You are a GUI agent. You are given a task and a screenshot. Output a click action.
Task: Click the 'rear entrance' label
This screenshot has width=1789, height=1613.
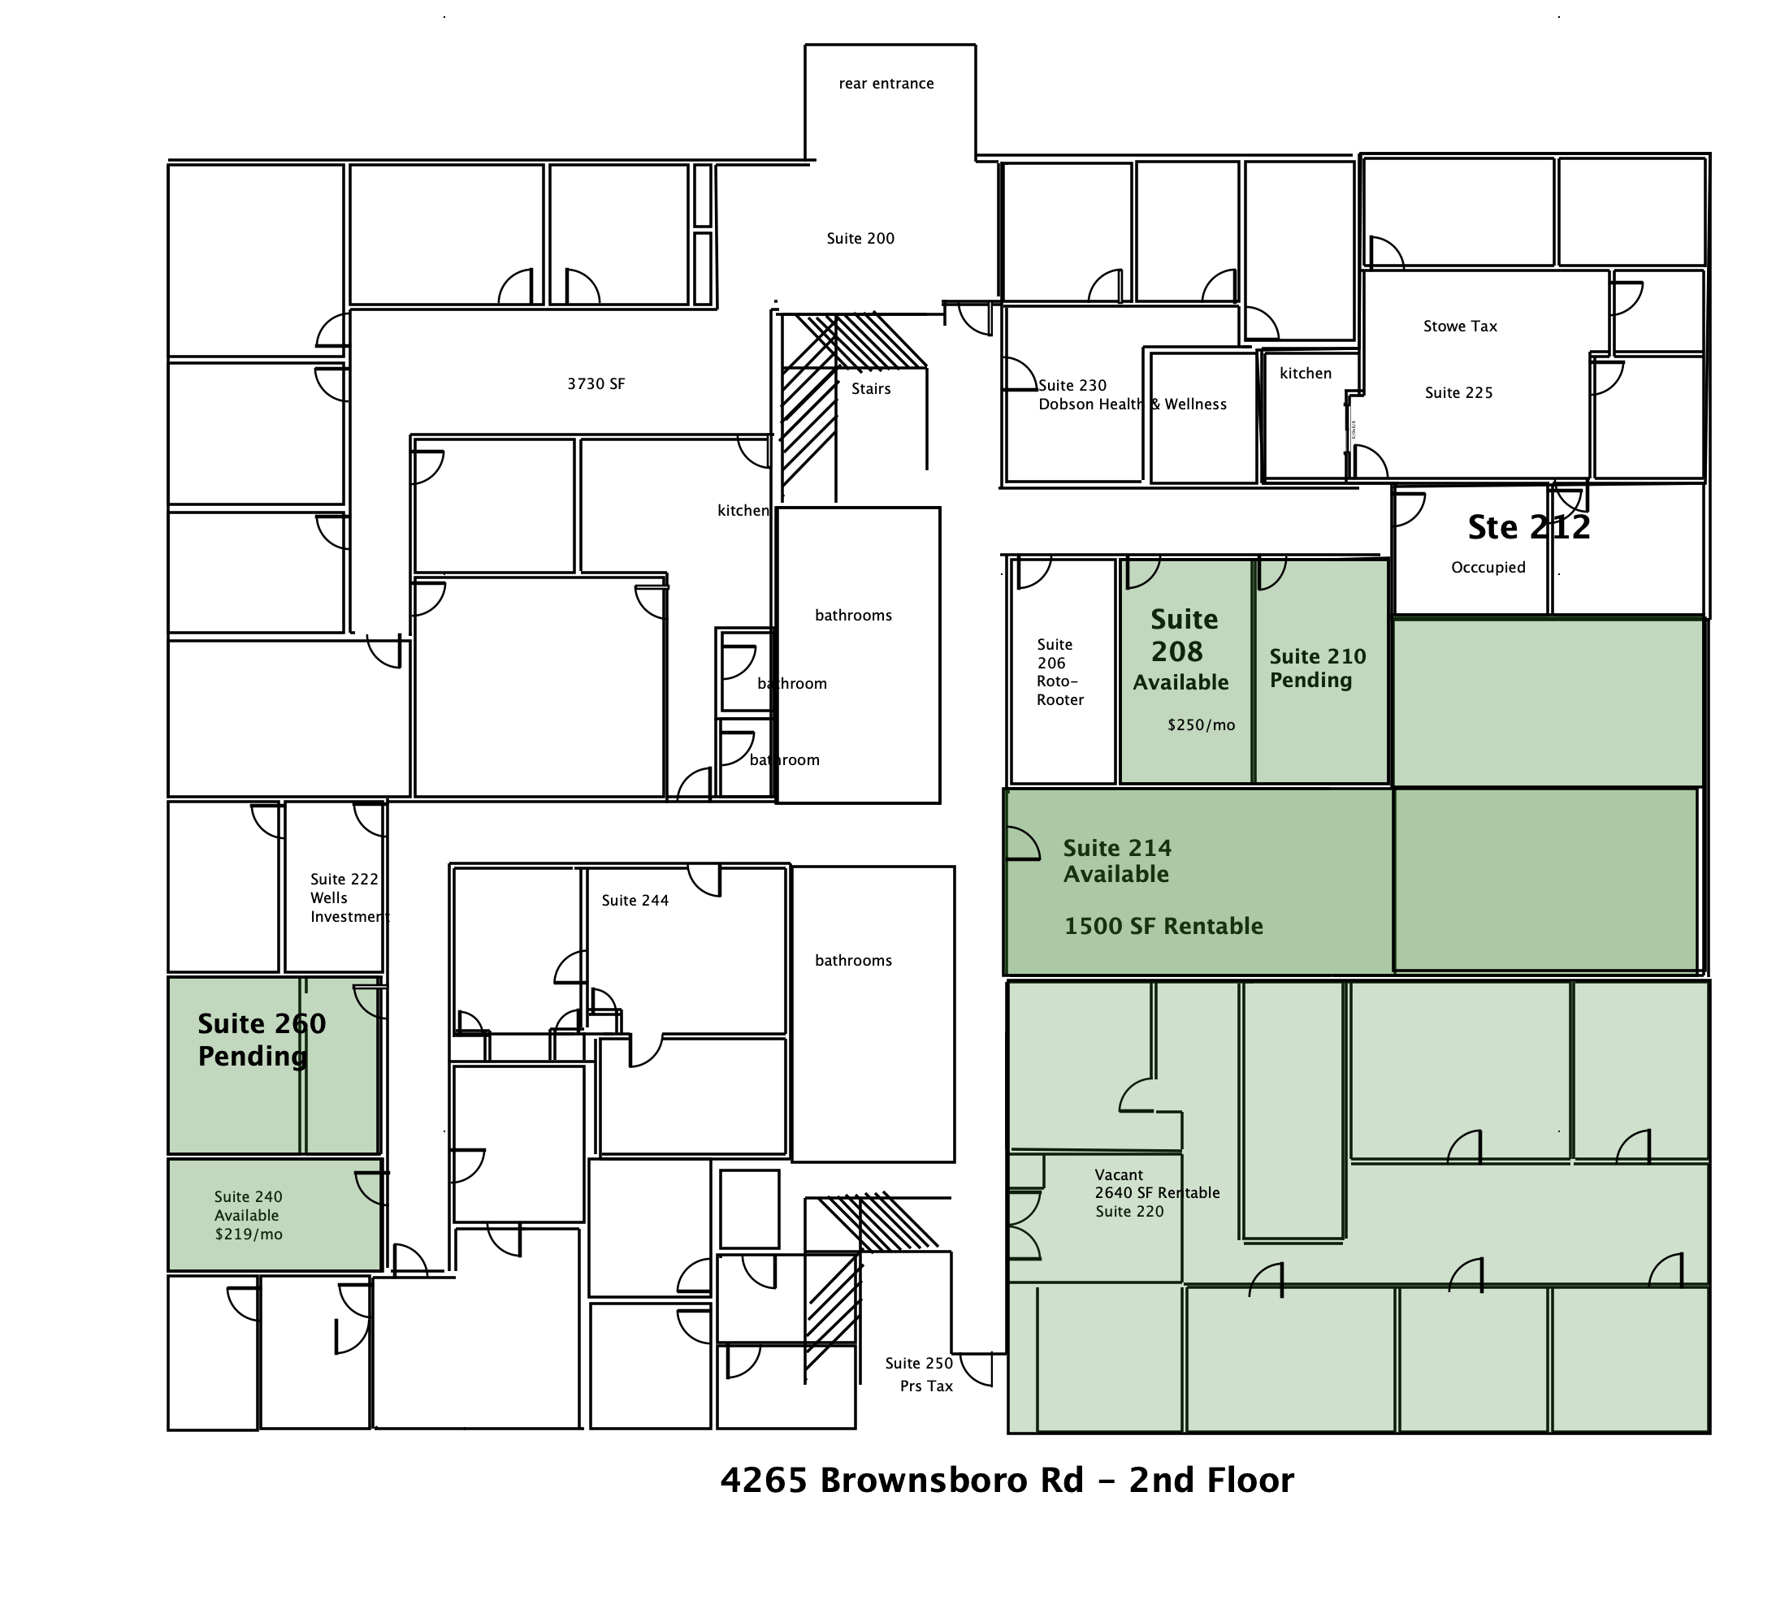(886, 84)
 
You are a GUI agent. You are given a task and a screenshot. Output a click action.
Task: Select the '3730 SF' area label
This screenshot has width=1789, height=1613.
(596, 383)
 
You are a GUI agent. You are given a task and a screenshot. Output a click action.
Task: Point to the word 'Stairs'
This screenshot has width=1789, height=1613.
(871, 388)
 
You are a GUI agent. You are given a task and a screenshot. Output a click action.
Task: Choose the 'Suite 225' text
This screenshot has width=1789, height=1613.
(1458, 392)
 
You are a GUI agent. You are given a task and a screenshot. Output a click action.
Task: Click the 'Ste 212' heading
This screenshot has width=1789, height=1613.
(1529, 527)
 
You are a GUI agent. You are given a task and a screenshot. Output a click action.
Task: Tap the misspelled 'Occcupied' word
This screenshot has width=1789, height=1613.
(1488, 567)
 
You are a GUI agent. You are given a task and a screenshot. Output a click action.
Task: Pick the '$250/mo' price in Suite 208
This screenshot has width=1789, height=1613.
(1200, 725)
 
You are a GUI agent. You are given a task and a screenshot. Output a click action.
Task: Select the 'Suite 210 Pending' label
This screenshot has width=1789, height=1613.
(1317, 668)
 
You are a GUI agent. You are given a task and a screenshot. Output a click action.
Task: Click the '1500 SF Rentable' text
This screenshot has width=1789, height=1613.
(1163, 926)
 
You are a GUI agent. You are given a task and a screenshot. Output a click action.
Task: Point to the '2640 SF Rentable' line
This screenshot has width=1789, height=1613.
(1157, 1193)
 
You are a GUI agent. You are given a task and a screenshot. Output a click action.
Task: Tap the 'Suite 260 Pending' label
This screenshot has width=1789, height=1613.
(262, 1040)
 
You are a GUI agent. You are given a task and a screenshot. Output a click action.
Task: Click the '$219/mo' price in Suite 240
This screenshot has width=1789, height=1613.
(249, 1235)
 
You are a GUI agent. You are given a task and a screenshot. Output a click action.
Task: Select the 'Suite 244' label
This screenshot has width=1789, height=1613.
(635, 901)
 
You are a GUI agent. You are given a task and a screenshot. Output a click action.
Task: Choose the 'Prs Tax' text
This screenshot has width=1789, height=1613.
(925, 1386)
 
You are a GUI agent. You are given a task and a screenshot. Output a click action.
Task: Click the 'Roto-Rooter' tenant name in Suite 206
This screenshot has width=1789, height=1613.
(1059, 690)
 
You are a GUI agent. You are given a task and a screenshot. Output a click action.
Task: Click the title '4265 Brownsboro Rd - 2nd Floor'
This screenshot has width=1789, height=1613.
(1007, 1480)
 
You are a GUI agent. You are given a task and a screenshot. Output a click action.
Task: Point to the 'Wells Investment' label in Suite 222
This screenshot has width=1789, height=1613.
(349, 907)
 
